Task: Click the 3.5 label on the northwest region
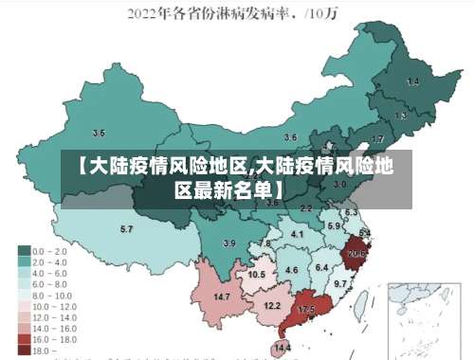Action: pos(99,134)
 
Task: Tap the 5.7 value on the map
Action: pos(126,230)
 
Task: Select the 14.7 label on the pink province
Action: pos(222,297)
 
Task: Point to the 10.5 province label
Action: pos(256,274)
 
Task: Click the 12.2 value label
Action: pos(272,305)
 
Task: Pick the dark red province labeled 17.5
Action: pos(306,310)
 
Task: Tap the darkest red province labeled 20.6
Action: pos(356,254)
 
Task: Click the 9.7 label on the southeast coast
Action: pos(340,283)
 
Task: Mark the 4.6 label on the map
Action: pos(292,270)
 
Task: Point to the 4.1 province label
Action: pos(297,233)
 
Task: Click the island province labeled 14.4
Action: pos(283,348)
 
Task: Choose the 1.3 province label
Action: pos(401,116)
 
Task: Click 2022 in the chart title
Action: pos(144,12)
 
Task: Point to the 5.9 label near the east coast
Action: pos(334,226)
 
